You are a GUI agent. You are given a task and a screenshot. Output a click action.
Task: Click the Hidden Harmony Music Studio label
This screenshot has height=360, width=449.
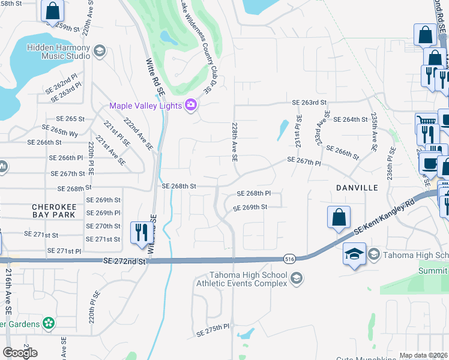tap(66, 52)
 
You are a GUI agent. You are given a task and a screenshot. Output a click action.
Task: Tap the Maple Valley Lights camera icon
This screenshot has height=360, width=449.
tap(191, 106)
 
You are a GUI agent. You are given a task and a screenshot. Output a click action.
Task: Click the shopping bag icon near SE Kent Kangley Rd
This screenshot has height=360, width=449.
tap(339, 217)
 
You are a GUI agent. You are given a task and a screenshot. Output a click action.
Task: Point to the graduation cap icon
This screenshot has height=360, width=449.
tap(354, 254)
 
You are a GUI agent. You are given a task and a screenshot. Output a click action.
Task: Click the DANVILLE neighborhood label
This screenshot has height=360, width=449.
tap(357, 188)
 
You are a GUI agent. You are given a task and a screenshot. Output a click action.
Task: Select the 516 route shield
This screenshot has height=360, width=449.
tap(290, 259)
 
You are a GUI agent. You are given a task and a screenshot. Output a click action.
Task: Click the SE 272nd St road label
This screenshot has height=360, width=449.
tap(124, 262)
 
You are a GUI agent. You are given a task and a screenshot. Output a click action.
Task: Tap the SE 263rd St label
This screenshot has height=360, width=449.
tap(309, 103)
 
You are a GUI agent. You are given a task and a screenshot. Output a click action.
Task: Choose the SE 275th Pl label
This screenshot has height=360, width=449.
tap(213, 330)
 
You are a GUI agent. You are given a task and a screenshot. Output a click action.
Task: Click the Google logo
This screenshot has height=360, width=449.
tap(20, 353)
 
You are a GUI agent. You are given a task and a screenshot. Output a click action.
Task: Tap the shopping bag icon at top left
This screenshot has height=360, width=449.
tap(52, 10)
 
